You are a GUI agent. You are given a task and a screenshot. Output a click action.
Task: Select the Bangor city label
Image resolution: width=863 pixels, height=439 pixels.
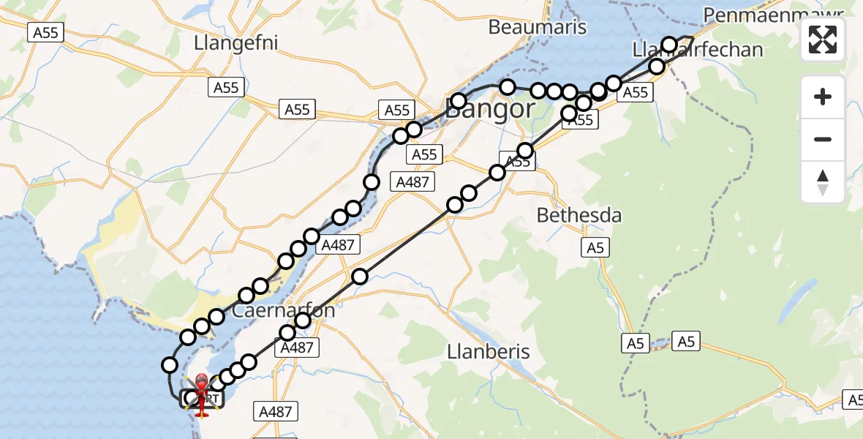click(x=489, y=110)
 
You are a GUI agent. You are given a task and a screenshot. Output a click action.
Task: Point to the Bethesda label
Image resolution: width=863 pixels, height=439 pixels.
click(x=579, y=216)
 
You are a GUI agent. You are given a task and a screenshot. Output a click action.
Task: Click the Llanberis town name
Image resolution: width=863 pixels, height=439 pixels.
click(x=488, y=351)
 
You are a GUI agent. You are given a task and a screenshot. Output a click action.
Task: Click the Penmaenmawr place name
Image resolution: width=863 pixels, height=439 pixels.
click(x=782, y=14)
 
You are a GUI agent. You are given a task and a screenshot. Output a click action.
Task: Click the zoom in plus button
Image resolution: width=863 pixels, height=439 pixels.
click(x=823, y=97)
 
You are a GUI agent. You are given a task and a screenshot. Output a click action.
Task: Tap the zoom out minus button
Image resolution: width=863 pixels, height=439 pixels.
click(x=823, y=139)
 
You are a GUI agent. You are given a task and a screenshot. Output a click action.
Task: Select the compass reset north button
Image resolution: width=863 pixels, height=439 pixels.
click(x=823, y=182)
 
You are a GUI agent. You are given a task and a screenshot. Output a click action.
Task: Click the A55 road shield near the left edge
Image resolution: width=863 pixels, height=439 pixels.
click(x=46, y=32)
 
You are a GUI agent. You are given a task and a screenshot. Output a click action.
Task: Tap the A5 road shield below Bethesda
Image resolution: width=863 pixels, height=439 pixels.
click(x=595, y=248)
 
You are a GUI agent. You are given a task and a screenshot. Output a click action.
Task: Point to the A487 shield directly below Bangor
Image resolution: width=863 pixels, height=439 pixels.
click(x=412, y=182)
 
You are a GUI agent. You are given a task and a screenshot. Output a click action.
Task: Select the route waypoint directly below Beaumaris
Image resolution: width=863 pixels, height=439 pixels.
click(x=508, y=87)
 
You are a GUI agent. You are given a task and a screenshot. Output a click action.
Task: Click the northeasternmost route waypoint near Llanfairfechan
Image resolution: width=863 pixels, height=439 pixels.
click(x=669, y=45)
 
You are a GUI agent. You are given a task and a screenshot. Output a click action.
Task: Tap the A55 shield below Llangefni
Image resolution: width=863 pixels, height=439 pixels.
click(x=226, y=88)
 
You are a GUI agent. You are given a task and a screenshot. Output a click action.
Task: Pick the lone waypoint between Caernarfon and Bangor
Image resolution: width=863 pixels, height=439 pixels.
click(x=359, y=277)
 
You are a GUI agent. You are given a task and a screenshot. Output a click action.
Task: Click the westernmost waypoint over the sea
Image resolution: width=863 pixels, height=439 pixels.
click(x=170, y=364)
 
